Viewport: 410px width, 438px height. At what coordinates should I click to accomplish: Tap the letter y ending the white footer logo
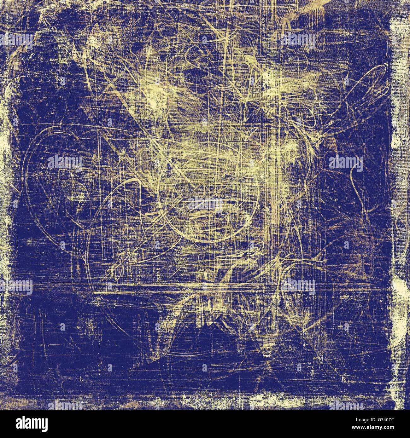(x=44, y=424)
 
